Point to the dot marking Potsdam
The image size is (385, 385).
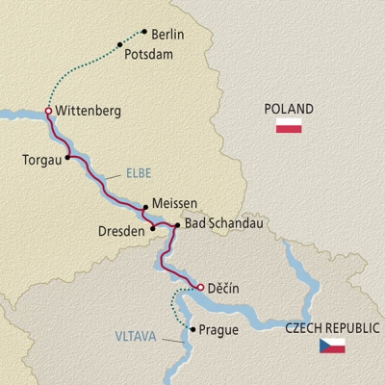coord(119,44)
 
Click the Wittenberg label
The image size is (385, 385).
coord(89,112)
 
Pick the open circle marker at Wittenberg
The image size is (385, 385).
coord(48,112)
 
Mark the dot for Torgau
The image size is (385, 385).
coord(68,158)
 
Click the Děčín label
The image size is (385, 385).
coord(221,287)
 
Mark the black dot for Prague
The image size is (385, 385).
coord(195,330)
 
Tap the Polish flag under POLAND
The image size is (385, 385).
coord(290,127)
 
